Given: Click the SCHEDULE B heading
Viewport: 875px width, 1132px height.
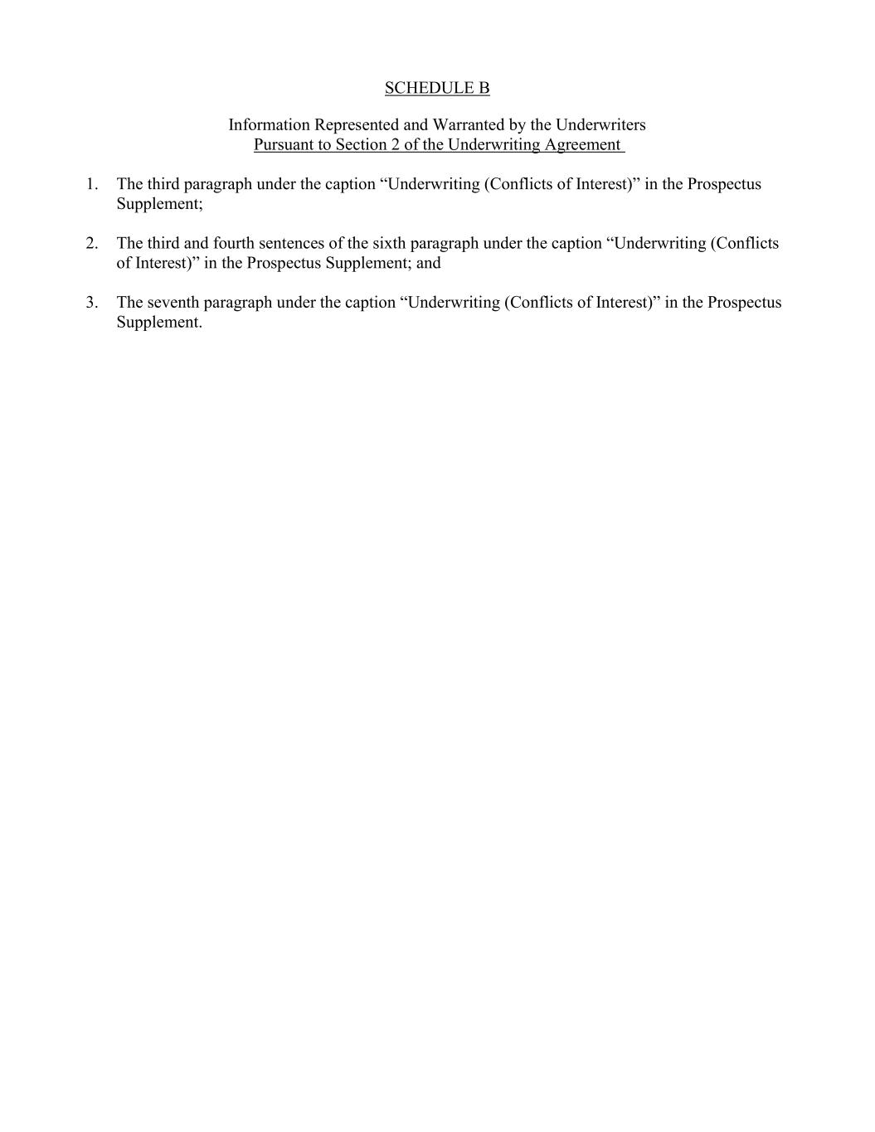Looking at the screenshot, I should (x=437, y=88).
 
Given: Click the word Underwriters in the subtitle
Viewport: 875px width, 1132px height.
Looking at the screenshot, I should (x=600, y=125).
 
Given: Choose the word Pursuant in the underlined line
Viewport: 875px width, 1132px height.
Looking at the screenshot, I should (x=284, y=145).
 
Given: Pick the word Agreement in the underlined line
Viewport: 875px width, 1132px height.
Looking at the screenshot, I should (x=582, y=145).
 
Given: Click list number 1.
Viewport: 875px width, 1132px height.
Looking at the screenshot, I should (x=91, y=184).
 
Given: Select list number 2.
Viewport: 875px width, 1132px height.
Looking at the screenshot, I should (x=91, y=244).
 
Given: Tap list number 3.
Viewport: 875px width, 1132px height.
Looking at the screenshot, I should (x=91, y=303).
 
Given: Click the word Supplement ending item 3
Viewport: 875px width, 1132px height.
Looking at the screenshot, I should (x=159, y=323).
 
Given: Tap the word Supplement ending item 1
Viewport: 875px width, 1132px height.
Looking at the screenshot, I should (x=159, y=204).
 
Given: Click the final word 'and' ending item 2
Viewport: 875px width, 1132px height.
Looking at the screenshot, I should (x=429, y=264).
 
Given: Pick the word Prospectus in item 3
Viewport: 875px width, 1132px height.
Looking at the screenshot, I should (x=744, y=303).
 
